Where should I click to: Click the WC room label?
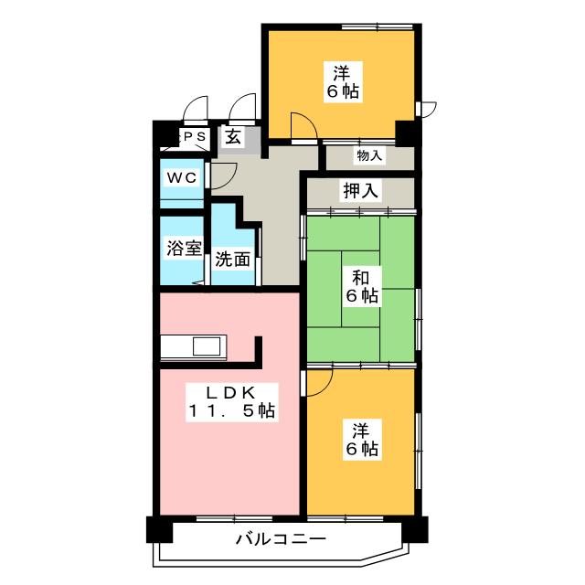pos(180,178)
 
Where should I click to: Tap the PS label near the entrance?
pos(195,137)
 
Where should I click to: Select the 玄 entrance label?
pos(233,138)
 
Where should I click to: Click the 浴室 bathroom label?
pos(183,248)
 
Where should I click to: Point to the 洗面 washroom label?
pos(232,259)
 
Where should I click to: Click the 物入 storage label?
pos(370,156)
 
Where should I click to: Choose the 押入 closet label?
pos(361,191)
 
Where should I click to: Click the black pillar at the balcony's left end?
pos(158,529)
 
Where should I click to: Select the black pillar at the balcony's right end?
pos(417,529)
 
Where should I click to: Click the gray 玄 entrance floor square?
pos(235,139)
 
